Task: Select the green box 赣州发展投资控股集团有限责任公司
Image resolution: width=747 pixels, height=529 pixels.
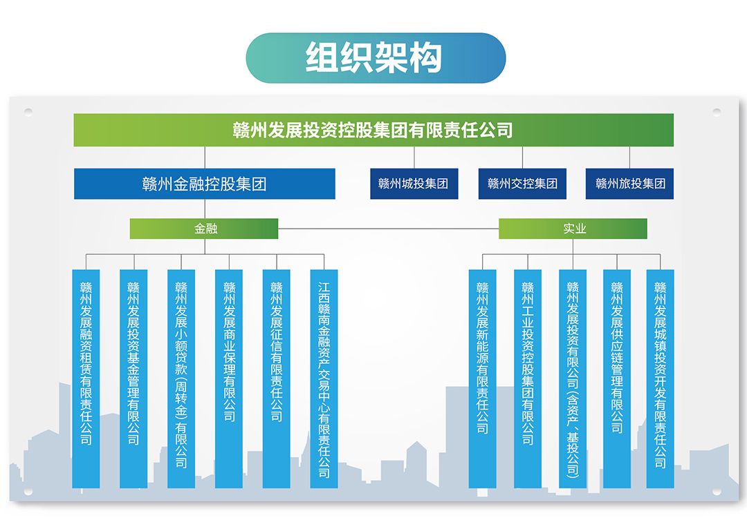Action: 373,130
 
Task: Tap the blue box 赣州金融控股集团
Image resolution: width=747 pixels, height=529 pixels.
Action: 205,184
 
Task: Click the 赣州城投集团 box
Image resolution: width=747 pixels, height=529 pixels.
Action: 414,184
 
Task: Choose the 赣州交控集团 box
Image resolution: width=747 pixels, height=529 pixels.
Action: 522,184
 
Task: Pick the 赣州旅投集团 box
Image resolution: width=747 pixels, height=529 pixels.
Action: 629,184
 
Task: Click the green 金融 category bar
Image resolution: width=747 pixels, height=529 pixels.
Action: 204,229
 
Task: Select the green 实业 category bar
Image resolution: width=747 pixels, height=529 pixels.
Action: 573,229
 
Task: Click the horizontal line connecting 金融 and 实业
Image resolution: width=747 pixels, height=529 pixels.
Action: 387,229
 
